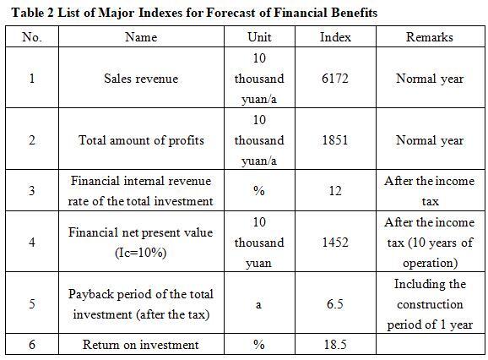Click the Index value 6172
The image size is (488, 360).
335,78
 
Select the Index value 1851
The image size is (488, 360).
335,139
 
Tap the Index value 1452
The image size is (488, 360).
335,243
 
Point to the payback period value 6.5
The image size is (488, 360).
335,303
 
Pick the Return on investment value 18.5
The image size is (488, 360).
335,345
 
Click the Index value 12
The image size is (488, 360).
335,191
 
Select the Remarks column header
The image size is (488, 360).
430,37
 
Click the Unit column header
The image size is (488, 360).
259,37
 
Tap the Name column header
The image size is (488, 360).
141,37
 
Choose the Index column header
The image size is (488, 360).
335,37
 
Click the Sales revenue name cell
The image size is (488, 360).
141,78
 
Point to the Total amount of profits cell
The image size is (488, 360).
141,140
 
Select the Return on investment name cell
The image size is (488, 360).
141,345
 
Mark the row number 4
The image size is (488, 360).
32,242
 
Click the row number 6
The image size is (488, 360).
32,345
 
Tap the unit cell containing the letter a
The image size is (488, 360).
258,304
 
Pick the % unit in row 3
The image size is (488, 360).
259,191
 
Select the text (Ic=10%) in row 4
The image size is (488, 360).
141,252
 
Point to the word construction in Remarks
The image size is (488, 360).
430,304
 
